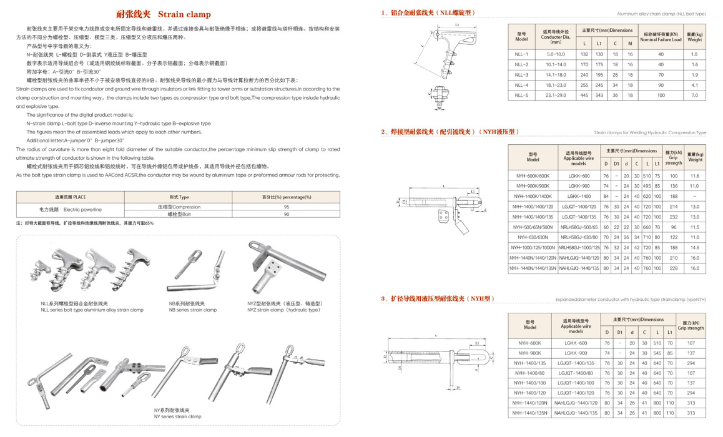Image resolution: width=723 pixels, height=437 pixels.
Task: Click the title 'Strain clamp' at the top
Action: pos(184,14)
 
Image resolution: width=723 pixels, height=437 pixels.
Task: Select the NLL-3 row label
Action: pos(521,75)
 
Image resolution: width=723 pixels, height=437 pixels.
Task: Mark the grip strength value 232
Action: pos(674,217)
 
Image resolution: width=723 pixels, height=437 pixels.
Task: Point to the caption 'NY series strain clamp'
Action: pos(178,416)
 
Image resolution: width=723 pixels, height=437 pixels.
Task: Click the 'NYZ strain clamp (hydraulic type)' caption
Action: pos(284,310)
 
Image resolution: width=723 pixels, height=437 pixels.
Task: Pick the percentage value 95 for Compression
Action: pos(287,207)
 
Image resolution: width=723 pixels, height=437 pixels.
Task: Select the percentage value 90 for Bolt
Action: pos(287,214)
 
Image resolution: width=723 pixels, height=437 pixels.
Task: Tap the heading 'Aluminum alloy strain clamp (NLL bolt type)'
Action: pos(661,13)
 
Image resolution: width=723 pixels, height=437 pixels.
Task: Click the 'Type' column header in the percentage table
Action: pos(179,197)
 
